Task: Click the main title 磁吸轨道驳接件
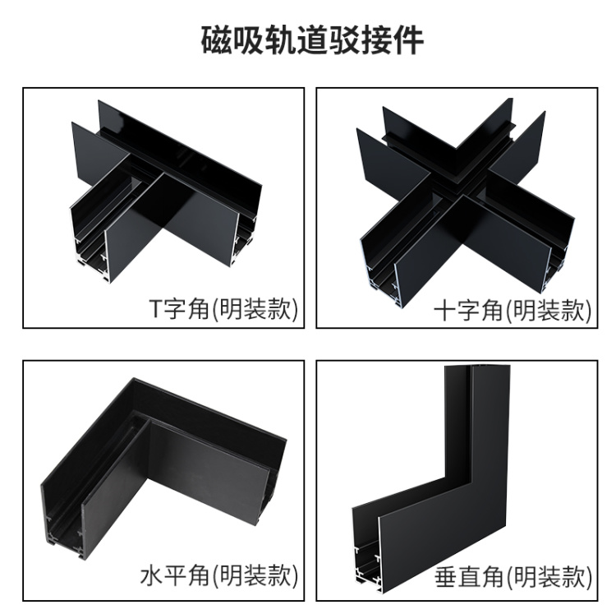[x=312, y=40]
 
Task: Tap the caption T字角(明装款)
[x=223, y=308]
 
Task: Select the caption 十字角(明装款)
[x=513, y=310]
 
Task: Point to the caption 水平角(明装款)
[x=219, y=575]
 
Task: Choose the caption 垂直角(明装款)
[x=513, y=577]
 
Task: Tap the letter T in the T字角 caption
[x=156, y=309]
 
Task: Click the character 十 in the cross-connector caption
[x=445, y=310]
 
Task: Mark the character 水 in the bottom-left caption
[x=152, y=576]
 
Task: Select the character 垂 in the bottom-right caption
[x=446, y=577]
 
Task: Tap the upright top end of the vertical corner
[x=477, y=368]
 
